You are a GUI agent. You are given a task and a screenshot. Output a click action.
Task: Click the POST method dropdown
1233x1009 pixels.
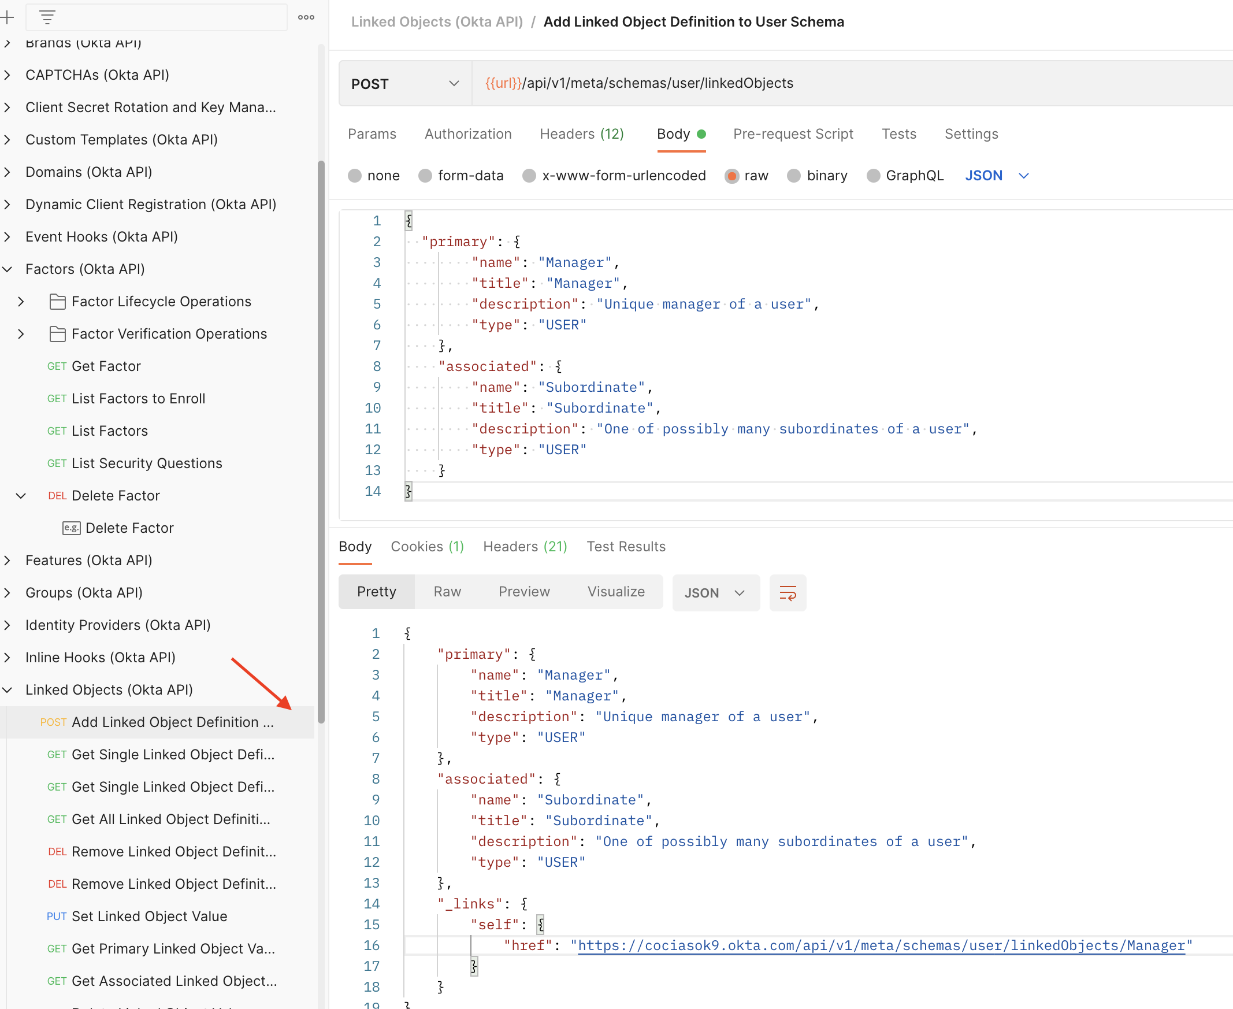point(405,84)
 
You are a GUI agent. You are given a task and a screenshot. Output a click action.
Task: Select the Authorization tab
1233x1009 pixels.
point(468,134)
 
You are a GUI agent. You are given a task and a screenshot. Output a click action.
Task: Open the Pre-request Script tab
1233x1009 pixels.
point(793,134)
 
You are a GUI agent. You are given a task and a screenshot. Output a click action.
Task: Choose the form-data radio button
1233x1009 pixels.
point(425,176)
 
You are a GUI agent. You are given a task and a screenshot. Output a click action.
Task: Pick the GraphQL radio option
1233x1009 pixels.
point(872,176)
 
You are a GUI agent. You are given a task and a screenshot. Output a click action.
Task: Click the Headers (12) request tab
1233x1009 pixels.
point(582,134)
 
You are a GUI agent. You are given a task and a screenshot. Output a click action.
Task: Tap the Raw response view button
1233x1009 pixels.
point(447,592)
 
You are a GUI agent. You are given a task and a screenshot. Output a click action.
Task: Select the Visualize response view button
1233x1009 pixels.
point(616,592)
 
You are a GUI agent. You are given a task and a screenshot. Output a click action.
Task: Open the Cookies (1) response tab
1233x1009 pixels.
point(427,546)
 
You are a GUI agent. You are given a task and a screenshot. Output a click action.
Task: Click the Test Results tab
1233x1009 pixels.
point(626,546)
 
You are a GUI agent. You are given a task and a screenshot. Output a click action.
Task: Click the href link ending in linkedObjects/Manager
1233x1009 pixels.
point(881,945)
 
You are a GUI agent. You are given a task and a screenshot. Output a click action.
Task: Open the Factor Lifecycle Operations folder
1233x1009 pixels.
point(161,302)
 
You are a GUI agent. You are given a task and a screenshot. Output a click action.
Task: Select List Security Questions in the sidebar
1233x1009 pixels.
point(146,463)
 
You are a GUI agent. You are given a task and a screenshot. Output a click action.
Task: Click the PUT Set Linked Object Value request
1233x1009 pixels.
point(148,916)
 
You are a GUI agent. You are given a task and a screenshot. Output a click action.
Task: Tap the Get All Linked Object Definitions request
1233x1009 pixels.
point(170,819)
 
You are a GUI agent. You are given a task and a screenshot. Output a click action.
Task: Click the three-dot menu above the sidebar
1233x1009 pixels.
point(306,17)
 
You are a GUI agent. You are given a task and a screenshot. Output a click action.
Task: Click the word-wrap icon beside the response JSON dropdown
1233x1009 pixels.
point(788,593)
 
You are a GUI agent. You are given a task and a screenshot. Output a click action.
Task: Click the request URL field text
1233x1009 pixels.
point(639,83)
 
